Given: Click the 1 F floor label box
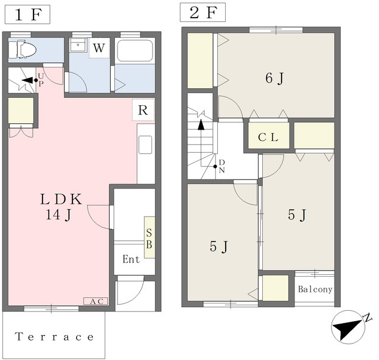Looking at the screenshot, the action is click(x=27, y=15).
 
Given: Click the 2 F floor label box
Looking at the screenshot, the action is click(x=203, y=12).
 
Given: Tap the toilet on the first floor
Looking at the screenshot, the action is click(x=23, y=49).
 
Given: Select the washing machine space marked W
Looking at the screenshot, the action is click(x=99, y=48).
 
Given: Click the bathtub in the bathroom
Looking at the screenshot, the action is click(x=135, y=50).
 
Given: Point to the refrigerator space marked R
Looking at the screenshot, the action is click(x=144, y=110).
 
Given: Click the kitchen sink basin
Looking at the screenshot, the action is click(x=145, y=145).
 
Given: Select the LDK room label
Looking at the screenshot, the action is click(x=60, y=207).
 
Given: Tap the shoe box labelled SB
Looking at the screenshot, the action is click(x=150, y=237).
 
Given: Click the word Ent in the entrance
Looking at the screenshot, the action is click(x=131, y=259).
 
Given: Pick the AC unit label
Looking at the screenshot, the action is click(x=96, y=301).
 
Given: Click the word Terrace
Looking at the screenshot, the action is click(x=54, y=336).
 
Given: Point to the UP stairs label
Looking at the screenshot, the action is click(x=41, y=80).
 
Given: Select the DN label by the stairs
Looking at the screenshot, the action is click(x=222, y=166).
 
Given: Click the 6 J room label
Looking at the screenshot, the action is click(x=274, y=78).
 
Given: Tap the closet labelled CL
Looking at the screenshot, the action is click(x=269, y=136).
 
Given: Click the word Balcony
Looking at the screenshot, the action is click(x=315, y=289).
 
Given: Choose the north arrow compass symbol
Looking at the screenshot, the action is click(x=349, y=327).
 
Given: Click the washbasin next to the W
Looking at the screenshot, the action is click(x=78, y=45).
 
